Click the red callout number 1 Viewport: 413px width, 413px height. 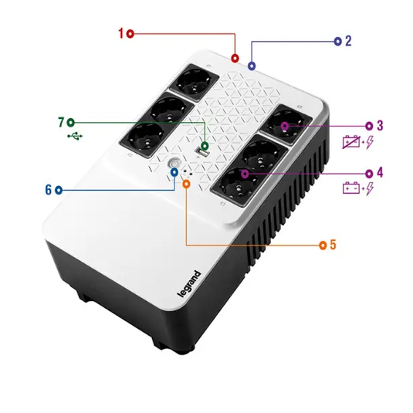[120, 33]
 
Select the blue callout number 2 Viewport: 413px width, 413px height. [348, 41]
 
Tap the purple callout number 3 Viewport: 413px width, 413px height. [379, 125]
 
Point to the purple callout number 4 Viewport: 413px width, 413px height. [379, 172]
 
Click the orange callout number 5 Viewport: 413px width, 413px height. [333, 245]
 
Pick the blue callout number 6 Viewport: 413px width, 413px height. [48, 189]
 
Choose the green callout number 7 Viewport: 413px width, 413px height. [60, 122]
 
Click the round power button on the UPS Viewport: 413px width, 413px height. [175, 165]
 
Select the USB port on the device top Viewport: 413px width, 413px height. [204, 154]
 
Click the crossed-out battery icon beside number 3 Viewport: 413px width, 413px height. [351, 142]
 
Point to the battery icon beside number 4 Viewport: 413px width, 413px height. [351, 188]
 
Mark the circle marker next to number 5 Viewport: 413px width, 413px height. [323, 245]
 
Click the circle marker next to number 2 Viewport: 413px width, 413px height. [337, 41]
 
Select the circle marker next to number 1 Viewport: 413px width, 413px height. [130, 33]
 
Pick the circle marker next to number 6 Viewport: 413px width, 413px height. [58, 189]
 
